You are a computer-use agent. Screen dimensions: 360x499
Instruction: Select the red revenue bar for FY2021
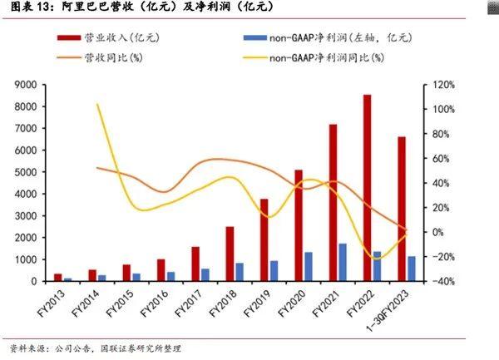click(333, 203)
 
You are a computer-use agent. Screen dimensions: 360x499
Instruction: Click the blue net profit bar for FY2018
click(240, 272)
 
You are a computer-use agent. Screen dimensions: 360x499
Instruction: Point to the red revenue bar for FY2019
click(264, 240)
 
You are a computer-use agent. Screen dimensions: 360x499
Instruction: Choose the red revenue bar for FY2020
click(299, 225)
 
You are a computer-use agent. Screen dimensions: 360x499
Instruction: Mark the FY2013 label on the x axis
click(52, 304)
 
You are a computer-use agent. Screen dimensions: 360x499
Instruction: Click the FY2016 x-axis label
click(156, 304)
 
